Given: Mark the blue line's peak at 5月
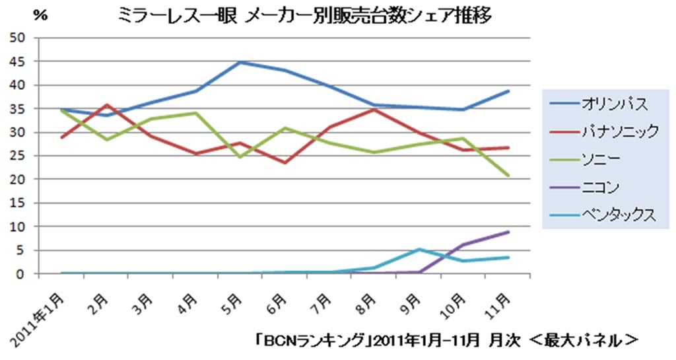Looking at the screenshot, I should pyautogui.click(x=240, y=62).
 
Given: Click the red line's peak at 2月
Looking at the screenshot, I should pyautogui.click(x=106, y=104).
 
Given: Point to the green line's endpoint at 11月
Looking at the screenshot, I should pyautogui.click(x=508, y=176).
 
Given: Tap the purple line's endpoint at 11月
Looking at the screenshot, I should pyautogui.click(x=508, y=232).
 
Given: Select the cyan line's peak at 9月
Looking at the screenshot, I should pyautogui.click(x=419, y=249).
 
